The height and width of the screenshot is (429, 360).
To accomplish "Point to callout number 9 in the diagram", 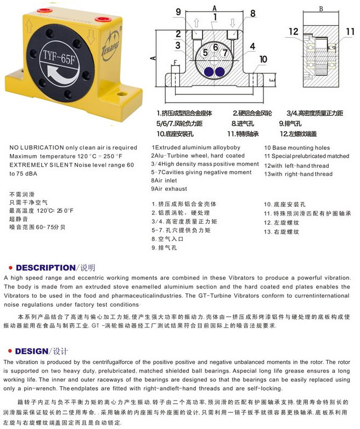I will tap(178, 12).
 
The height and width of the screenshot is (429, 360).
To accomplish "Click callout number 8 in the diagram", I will tap(252, 13).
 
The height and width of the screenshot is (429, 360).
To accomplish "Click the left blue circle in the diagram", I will tap(209, 71).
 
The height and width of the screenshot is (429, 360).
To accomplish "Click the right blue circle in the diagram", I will tap(221, 71).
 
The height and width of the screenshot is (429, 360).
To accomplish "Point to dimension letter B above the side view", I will tap(321, 8).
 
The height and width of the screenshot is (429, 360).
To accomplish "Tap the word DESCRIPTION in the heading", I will tap(45, 268).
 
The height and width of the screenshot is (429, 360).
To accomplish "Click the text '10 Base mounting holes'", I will tap(297, 148).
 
